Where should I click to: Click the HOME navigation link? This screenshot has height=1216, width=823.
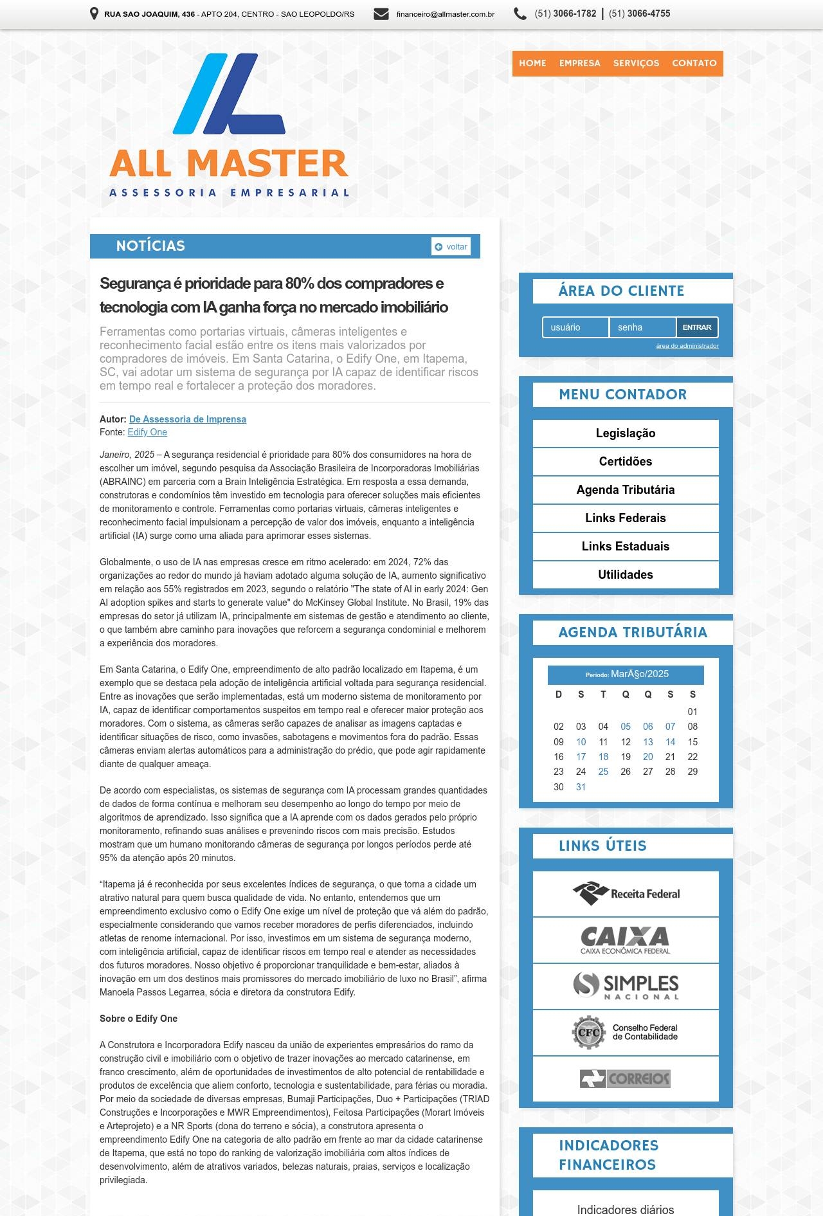point(532,63)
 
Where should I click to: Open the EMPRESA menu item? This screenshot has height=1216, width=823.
point(579,63)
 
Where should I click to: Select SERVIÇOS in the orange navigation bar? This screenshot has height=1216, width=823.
point(636,63)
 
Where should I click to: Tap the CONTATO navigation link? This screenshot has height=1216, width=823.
point(694,63)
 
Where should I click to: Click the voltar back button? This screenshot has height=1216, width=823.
point(451,247)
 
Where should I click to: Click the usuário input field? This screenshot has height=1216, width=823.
point(575,327)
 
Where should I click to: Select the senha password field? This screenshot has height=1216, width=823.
point(642,327)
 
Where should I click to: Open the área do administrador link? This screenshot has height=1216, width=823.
point(687,346)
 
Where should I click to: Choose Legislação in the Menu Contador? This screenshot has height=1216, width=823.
point(625,433)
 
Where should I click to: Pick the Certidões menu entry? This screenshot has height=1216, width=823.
point(625,462)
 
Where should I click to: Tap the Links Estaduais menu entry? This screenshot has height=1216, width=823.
point(625,547)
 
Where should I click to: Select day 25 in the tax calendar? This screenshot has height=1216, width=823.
point(603,772)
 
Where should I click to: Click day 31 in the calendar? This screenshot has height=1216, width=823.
point(581,787)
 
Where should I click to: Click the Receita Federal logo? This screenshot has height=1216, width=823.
point(625,894)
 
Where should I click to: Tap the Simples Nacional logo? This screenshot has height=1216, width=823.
point(625,986)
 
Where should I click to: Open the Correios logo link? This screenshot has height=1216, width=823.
point(625,1078)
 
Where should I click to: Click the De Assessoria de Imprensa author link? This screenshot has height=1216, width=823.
point(187,419)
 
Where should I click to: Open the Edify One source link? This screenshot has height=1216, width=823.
point(147,433)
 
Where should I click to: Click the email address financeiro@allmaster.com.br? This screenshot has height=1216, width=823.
point(445,14)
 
